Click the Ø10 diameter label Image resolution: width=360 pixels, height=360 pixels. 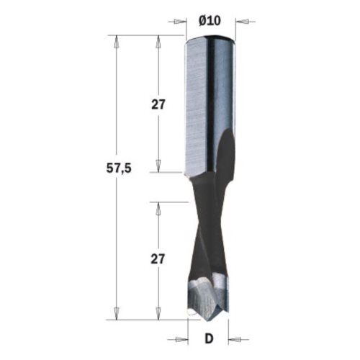(x=210, y=21)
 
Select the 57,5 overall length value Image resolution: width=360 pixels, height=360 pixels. (x=119, y=168)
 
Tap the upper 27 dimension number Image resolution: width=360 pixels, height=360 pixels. (x=158, y=104)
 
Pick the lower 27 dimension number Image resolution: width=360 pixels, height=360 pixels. (x=158, y=259)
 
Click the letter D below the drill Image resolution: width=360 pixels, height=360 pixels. (x=209, y=339)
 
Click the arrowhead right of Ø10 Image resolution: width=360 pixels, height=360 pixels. (x=242, y=22)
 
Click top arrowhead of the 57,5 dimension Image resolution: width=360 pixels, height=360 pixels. (x=117, y=42)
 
